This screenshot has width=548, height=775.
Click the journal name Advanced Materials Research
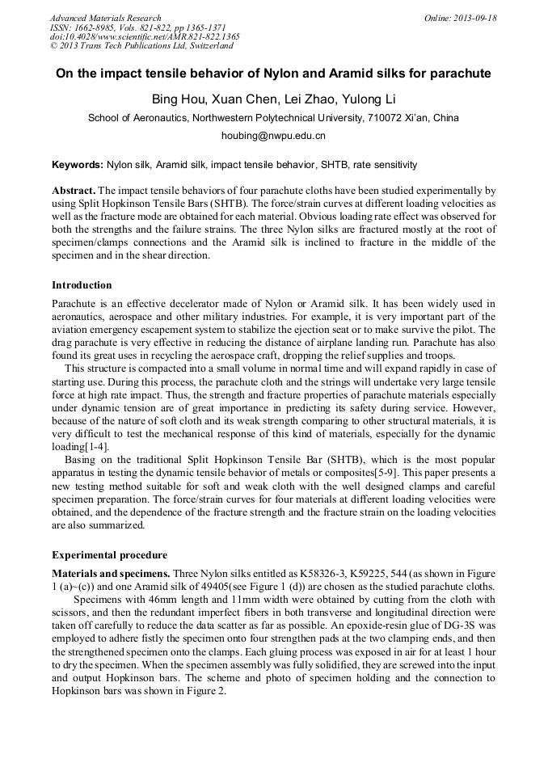105,18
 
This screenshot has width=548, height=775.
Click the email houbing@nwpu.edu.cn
273,136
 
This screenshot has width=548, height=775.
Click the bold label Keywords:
78,165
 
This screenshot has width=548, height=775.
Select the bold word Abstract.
73,188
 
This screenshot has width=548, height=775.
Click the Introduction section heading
82,285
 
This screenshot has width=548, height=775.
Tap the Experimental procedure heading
109,555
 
